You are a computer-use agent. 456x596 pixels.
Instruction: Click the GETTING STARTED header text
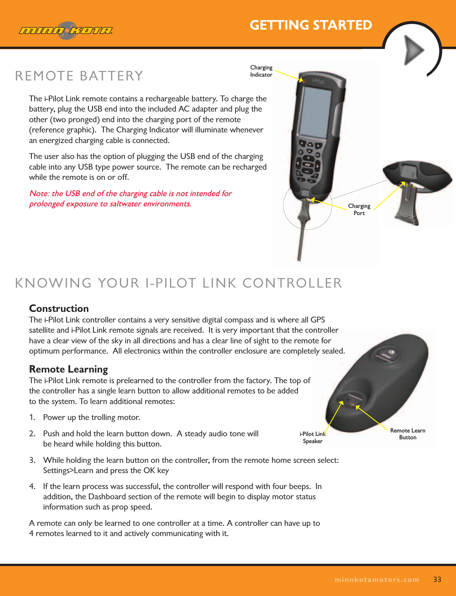pos(310,25)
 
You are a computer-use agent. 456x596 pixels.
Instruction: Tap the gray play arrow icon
pos(414,50)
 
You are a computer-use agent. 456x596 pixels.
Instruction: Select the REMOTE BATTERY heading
pos(79,76)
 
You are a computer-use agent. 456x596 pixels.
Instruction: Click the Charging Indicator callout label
pos(261,71)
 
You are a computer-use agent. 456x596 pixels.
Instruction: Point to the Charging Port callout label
pos(359,209)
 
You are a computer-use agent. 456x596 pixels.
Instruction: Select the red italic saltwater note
pos(130,198)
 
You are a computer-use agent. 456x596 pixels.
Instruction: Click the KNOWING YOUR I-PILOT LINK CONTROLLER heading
pos(178,283)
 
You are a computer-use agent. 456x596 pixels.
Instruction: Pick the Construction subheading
pos(59,308)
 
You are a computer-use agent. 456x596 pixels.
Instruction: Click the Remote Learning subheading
pos(68,369)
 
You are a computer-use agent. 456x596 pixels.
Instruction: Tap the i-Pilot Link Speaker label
pos(313,437)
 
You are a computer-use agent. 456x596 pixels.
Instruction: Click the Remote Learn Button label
pos(407,434)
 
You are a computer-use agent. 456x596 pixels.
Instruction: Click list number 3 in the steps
pos(32,460)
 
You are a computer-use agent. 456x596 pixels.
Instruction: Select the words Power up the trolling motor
pos(91,417)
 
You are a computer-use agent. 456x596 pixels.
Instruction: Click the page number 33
pos(437,579)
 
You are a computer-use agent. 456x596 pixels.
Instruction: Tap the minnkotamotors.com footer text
pos(377,580)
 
